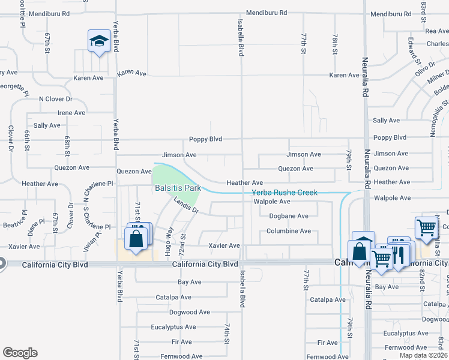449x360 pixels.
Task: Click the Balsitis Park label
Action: [x=176, y=188]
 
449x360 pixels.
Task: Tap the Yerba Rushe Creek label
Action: [x=284, y=193]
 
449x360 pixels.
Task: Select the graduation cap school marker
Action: [x=98, y=41]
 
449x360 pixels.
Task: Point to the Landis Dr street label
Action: [x=186, y=206]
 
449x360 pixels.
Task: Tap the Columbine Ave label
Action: [x=288, y=231]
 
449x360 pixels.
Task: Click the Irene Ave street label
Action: [x=71, y=113]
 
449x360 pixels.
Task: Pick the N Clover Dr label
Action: [x=55, y=99]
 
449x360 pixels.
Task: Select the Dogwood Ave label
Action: [x=190, y=312]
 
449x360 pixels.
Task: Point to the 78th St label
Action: [x=335, y=43]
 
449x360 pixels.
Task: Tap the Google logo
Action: [x=20, y=353]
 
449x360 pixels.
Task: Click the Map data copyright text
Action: [x=423, y=355]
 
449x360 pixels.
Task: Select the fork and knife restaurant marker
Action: [x=399, y=254]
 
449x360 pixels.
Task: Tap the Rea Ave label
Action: [x=436, y=31]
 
